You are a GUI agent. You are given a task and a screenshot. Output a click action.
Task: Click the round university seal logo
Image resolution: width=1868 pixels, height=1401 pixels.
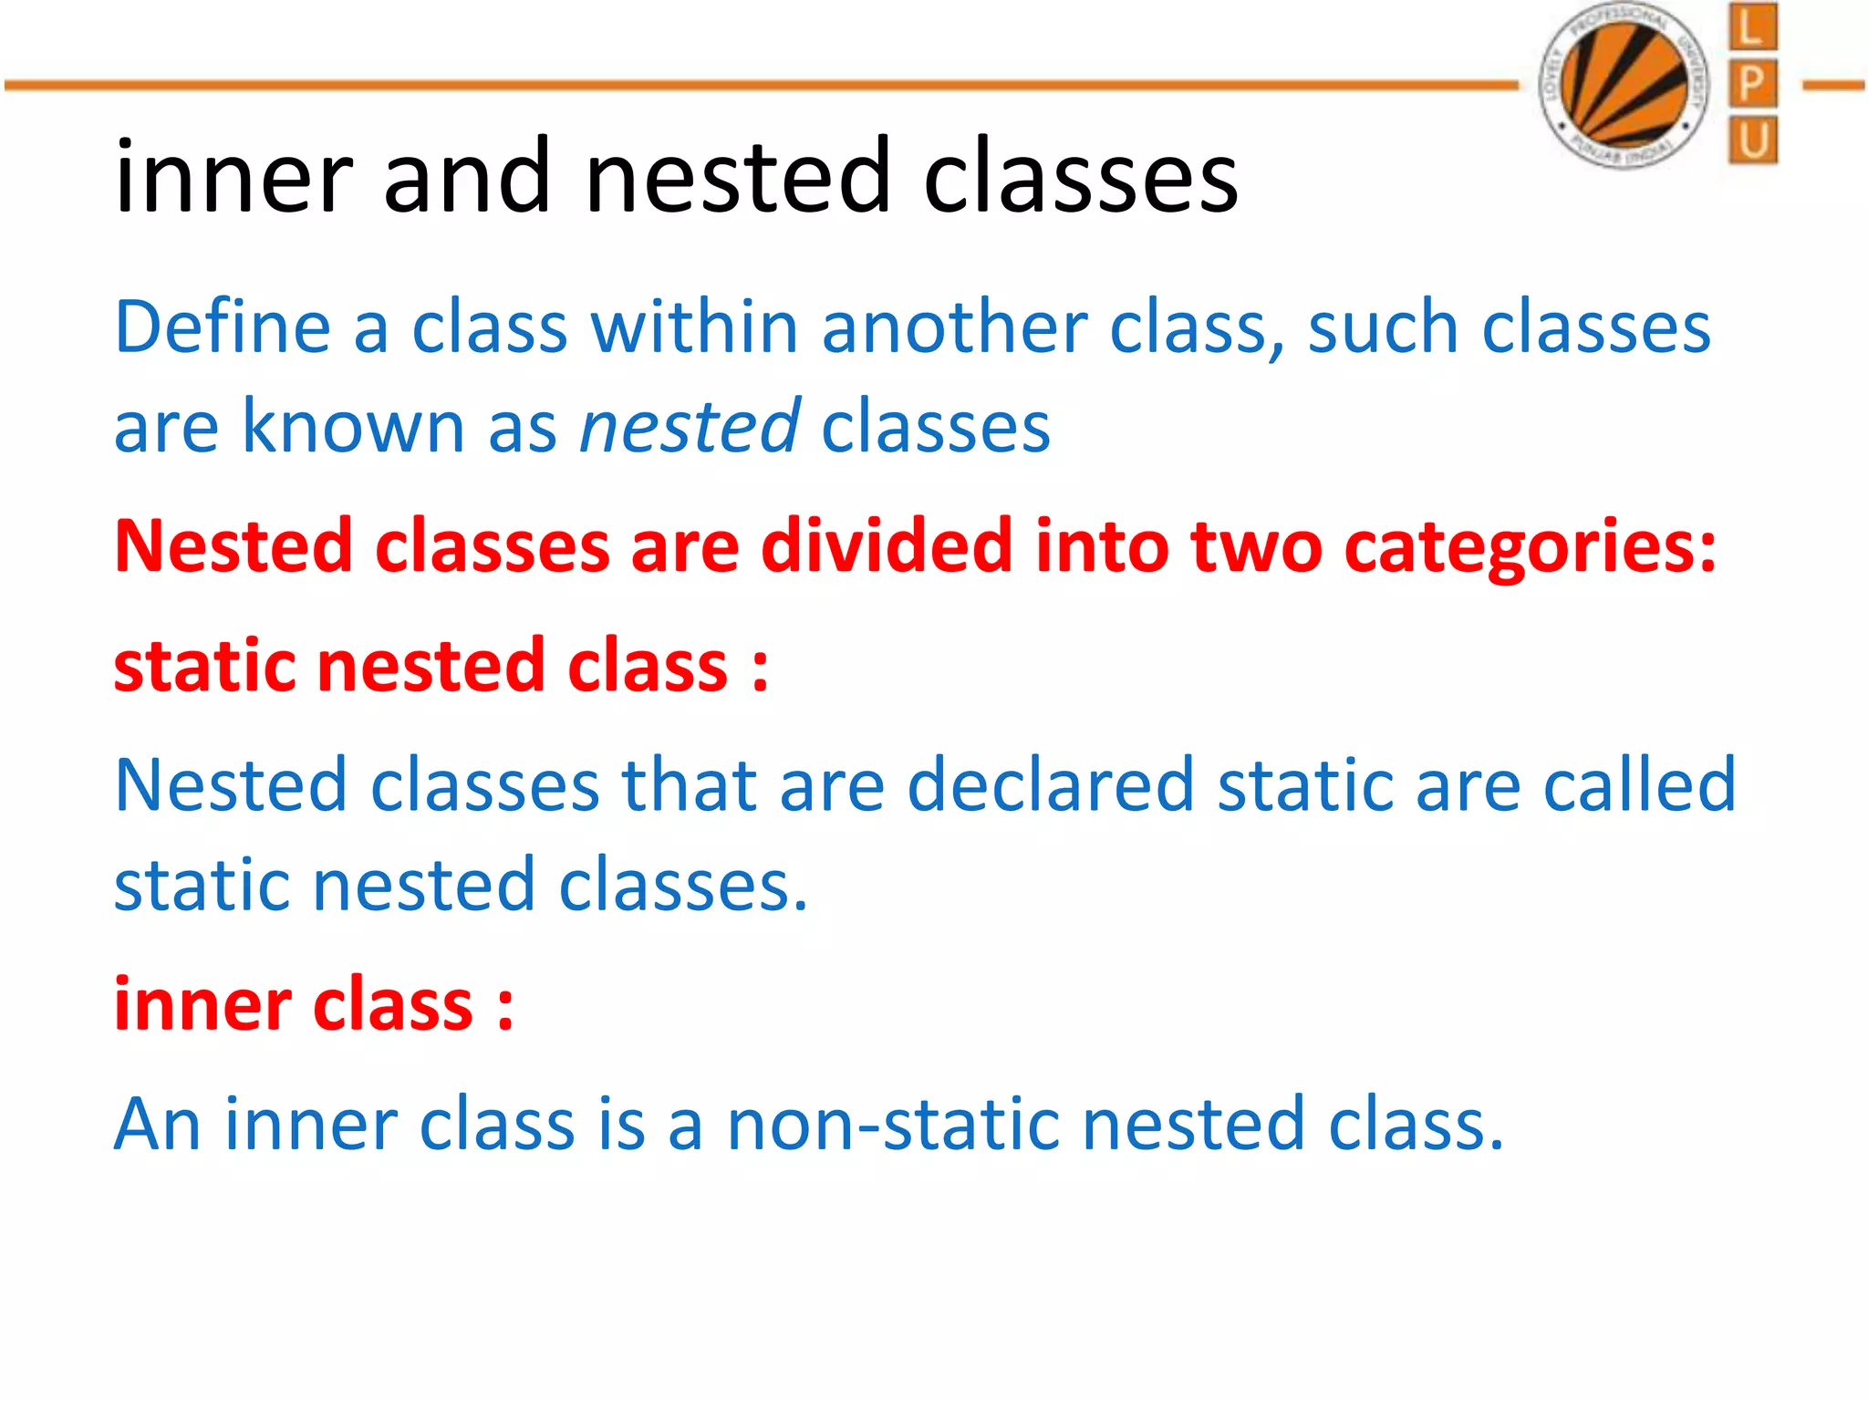click(1624, 86)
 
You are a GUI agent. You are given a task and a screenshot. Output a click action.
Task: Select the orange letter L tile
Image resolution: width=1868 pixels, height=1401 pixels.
click(1752, 26)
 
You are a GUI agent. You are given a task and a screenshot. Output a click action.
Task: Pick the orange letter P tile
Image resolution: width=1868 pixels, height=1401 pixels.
click(1752, 84)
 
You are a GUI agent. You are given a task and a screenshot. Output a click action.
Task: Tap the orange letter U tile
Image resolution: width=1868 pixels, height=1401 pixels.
click(1752, 140)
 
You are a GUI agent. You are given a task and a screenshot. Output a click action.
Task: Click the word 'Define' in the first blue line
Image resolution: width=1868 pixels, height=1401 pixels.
click(222, 327)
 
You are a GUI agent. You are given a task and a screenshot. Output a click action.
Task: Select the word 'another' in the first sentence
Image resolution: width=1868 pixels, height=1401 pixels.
click(954, 327)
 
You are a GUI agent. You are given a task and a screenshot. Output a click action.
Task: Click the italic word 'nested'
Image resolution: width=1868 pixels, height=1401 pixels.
click(690, 427)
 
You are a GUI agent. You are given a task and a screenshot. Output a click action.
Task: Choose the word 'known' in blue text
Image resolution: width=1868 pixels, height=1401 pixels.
click(352, 427)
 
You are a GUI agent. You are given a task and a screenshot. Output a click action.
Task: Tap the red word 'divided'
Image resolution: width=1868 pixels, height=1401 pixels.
click(886, 546)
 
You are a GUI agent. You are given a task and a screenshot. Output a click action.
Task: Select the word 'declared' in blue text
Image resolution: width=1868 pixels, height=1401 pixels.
click(1050, 785)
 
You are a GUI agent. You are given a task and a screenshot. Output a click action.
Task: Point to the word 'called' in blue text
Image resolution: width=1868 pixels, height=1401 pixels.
click(1638, 785)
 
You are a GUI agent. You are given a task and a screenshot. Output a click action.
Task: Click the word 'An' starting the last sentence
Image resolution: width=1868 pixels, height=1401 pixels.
click(157, 1125)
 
